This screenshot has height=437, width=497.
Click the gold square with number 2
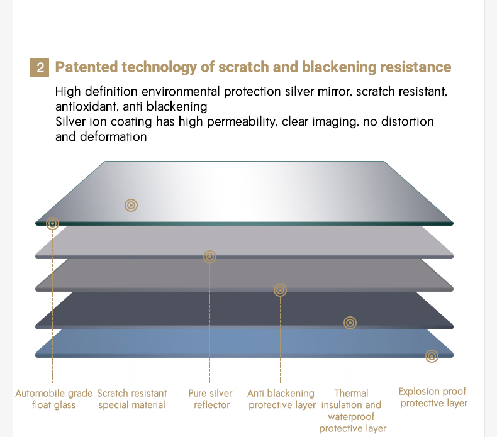coord(40,67)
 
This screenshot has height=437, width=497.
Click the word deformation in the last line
coord(113,137)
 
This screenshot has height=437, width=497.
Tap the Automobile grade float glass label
coord(54,399)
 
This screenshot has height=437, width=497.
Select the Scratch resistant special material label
coord(132,399)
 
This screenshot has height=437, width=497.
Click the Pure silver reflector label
coord(211,399)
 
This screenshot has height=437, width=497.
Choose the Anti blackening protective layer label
coord(281,399)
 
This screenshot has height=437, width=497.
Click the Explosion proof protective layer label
coord(433,397)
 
